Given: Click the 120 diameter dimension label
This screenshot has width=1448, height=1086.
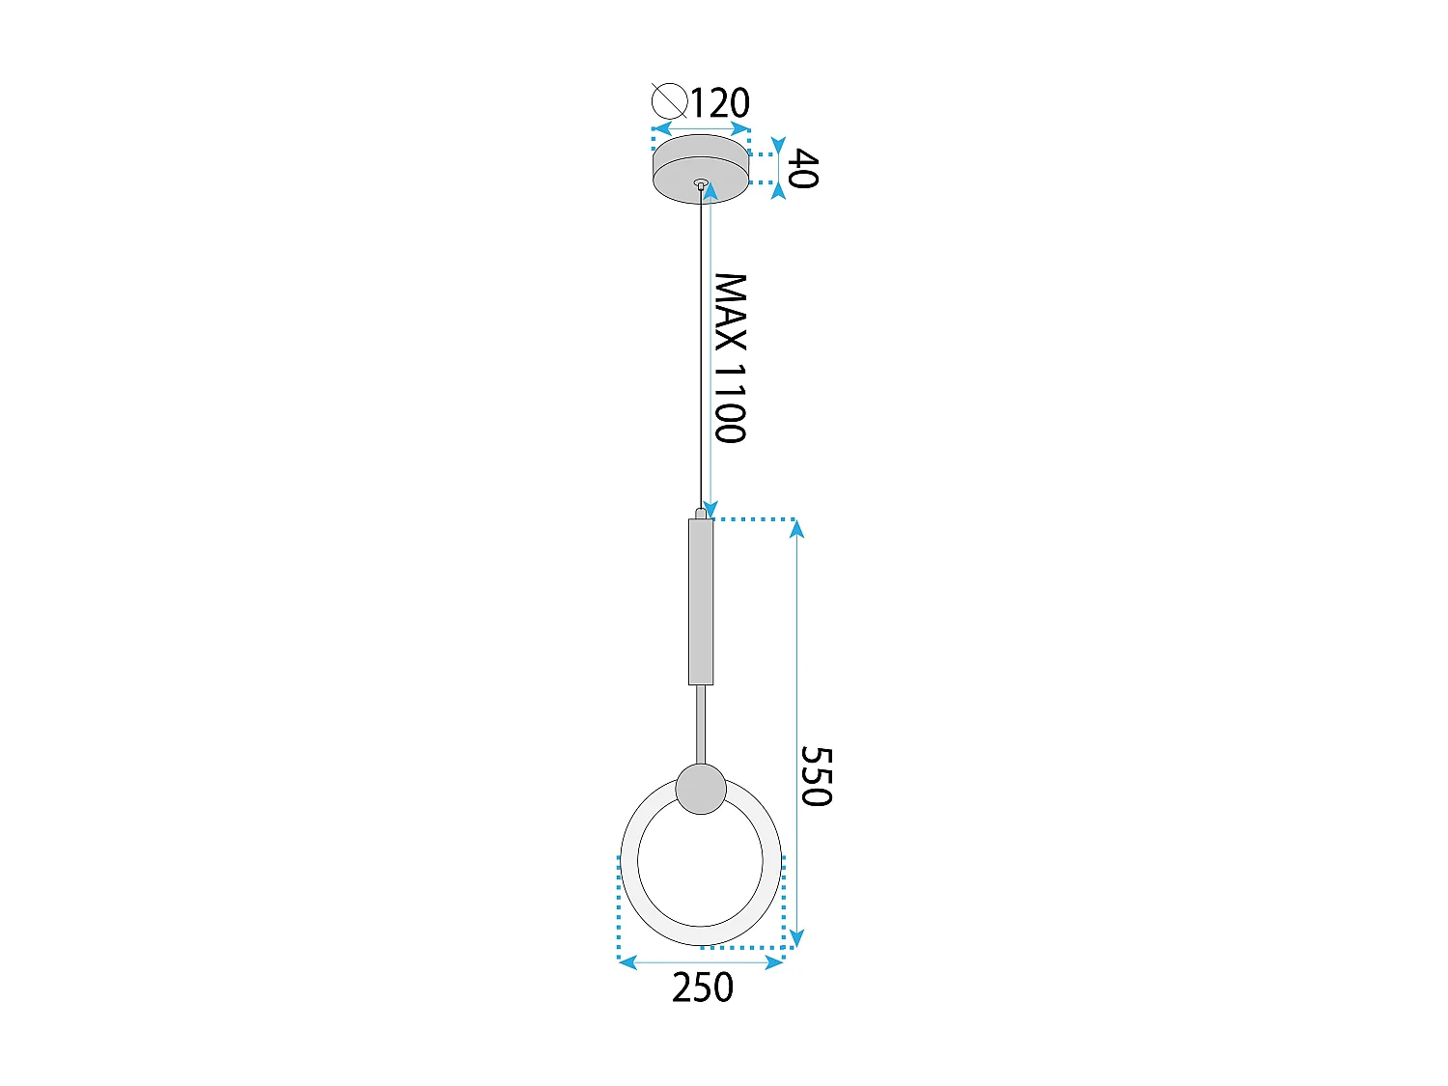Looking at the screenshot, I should point(720,103).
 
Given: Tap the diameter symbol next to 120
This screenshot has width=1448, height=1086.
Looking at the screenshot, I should point(669,100).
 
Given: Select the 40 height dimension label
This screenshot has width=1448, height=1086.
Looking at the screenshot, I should point(803,169).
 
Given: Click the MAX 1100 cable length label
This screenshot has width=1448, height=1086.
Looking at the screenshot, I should point(730,357).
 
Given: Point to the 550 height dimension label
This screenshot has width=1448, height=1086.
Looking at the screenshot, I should point(816,775).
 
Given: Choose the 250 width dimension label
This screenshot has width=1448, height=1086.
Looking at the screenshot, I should point(702,988).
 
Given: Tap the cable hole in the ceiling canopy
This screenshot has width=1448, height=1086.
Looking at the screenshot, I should point(702,182).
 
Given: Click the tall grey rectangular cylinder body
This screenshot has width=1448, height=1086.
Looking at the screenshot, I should point(701,601).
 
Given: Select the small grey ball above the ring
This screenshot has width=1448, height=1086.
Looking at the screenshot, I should point(701,789).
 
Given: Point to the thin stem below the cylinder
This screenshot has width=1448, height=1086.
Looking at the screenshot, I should point(701,724).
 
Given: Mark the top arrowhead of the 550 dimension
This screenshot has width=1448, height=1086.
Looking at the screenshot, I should point(796,529).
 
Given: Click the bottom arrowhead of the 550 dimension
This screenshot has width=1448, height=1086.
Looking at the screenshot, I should point(796,937).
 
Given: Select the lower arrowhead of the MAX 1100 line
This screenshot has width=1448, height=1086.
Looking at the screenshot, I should point(710,509).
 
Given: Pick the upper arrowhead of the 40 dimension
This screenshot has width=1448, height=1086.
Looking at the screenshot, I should point(778,143).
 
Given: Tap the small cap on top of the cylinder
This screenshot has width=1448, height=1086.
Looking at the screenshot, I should point(701,514).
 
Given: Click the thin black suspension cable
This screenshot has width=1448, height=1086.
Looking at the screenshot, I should point(701,348).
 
